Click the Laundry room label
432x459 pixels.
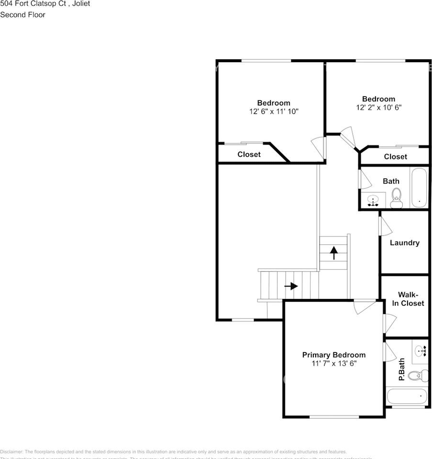coord(404,243)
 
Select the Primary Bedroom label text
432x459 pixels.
coord(333,355)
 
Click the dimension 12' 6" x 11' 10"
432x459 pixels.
coord(274,111)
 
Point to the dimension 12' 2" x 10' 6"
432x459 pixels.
coord(378,108)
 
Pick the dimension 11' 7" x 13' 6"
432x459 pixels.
coord(333,364)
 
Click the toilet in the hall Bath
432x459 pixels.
coord(396,198)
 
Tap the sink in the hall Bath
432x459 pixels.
coord(373,201)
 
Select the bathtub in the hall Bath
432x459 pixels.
coord(420,187)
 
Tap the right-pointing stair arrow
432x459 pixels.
coord(291,286)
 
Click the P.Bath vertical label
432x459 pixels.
coord(402,370)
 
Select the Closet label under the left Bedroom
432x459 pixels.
coord(249,154)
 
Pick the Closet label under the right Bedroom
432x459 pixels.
coord(395,157)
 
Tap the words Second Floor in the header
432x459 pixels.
coord(22,15)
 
